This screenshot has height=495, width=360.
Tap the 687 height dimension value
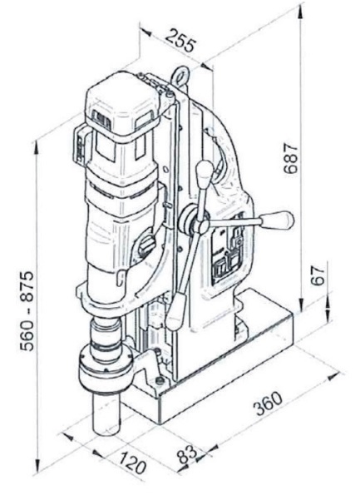pos(290,159)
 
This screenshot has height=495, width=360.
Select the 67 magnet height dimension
pos(318,275)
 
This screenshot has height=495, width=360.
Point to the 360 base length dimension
pos(269,403)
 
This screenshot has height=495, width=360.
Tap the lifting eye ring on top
pos(180,77)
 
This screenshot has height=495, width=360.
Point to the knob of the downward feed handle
pos(175,310)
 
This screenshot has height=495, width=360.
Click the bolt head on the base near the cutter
pos(160,381)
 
